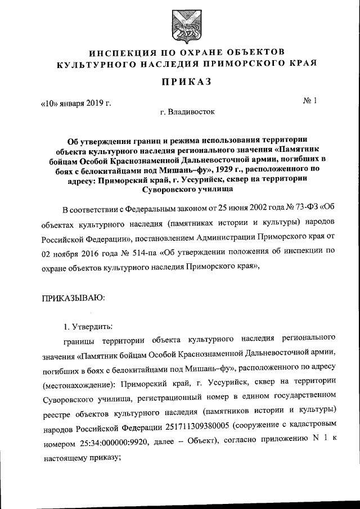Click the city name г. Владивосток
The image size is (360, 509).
click(187, 111)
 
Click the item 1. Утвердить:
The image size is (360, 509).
click(88, 327)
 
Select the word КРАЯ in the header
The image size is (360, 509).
click(301, 64)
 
